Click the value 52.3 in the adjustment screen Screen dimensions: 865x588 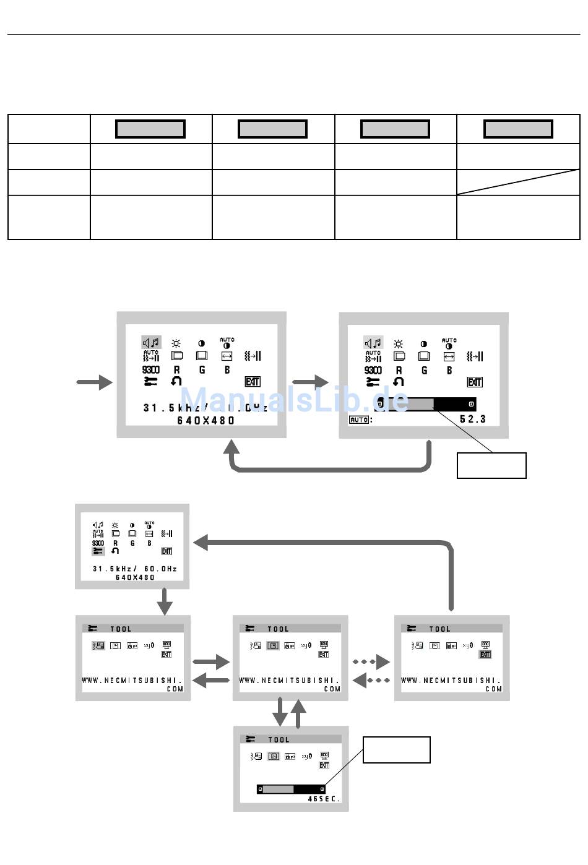pyautogui.click(x=473, y=420)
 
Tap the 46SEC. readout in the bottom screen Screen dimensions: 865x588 pyautogui.click(x=324, y=799)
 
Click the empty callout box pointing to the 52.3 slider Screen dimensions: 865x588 pyautogui.click(x=491, y=465)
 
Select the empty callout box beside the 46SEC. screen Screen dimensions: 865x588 pyautogui.click(x=396, y=750)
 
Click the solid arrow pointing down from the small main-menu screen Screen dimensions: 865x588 pyautogui.click(x=165, y=601)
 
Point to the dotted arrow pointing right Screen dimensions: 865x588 pyautogui.click(x=371, y=662)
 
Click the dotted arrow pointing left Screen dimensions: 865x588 pyautogui.click(x=371, y=681)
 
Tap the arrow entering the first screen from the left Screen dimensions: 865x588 pyautogui.click(x=95, y=382)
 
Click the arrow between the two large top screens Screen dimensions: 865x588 pyautogui.click(x=310, y=382)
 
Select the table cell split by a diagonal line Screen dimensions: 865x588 pyautogui.click(x=518, y=182)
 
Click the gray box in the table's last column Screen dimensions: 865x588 pyautogui.click(x=518, y=129)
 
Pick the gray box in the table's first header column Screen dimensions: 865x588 pyautogui.click(x=150, y=129)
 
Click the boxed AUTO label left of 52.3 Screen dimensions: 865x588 pyautogui.click(x=359, y=420)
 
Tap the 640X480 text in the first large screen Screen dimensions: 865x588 pyautogui.click(x=206, y=421)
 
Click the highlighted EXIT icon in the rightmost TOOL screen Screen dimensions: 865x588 pyautogui.click(x=485, y=654)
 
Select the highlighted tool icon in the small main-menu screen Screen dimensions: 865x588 pyautogui.click(x=98, y=551)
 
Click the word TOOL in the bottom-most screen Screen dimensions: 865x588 pyautogui.click(x=279, y=739)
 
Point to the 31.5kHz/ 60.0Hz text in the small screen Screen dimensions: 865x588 pyautogui.click(x=135, y=569)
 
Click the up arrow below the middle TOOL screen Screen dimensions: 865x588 pyautogui.click(x=299, y=713)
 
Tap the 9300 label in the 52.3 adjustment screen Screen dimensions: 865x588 pyautogui.click(x=373, y=370)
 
